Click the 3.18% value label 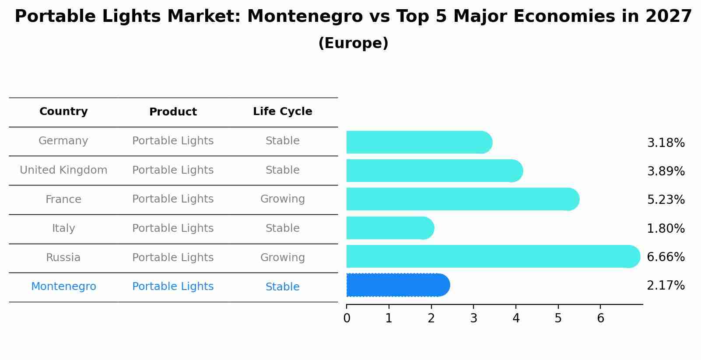[x=666, y=143]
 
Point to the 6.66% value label [x=666, y=257]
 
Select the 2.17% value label [x=666, y=286]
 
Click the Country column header [x=63, y=112]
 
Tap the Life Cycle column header [x=282, y=112]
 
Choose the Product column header [x=173, y=112]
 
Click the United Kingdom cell [x=63, y=170]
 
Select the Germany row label [x=63, y=141]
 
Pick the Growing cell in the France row [x=282, y=199]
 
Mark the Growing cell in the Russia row [x=282, y=258]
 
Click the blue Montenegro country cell [x=63, y=287]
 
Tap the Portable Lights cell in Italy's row [x=173, y=228]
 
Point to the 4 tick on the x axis [x=516, y=318]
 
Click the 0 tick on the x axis [x=347, y=318]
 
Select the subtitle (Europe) [x=353, y=43]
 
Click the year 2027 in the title [x=668, y=17]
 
